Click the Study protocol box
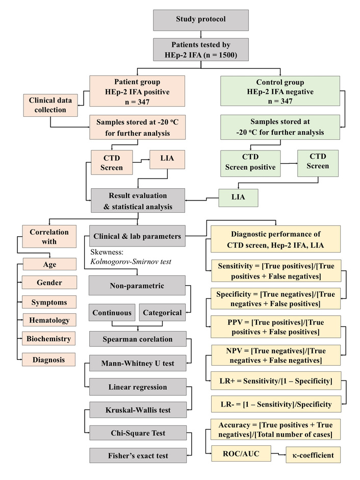[x=201, y=20]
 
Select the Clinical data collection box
[x=50, y=105]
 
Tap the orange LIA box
[x=167, y=159]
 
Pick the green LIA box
[x=238, y=198]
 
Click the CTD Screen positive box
[x=250, y=163]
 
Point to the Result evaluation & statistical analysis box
[x=138, y=200]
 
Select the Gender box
[x=49, y=283]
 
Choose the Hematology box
[x=49, y=320]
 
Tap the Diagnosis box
[x=48, y=360]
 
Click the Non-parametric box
[x=137, y=285]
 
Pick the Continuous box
[x=112, y=313]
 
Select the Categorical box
[x=162, y=313]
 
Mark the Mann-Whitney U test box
[x=138, y=363]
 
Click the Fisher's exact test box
[x=138, y=456]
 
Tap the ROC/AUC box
[x=241, y=453]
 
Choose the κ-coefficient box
[x=313, y=455]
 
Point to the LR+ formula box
[x=276, y=381]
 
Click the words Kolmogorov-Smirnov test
[x=131, y=262]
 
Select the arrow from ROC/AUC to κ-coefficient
[x=278, y=454]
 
